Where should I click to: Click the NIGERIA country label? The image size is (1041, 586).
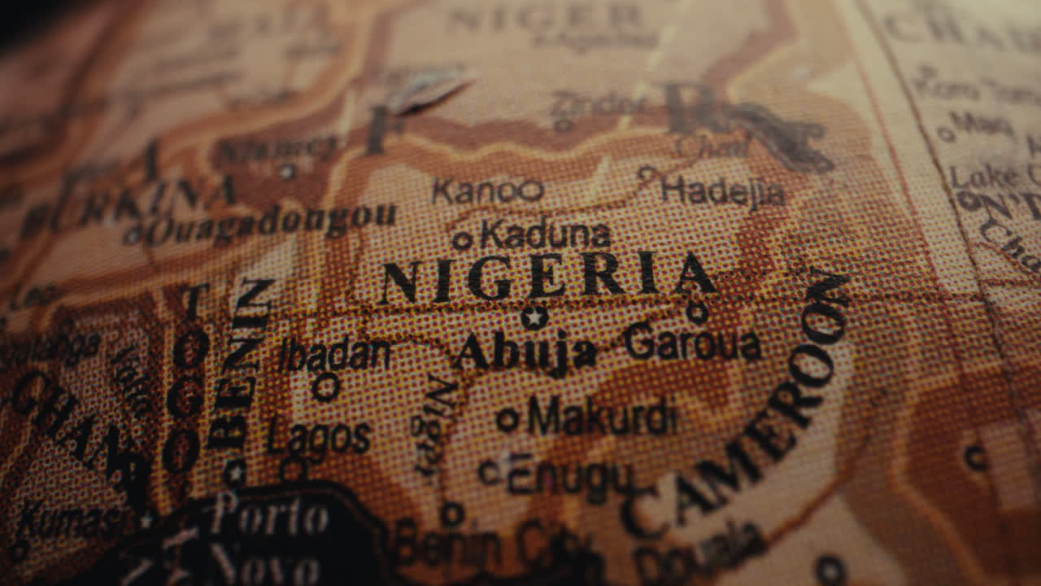coord(547,277)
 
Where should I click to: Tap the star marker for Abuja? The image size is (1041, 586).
coord(534,317)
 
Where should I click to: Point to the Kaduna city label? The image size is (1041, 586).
coord(545,235)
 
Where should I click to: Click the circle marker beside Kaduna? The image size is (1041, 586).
coord(462,240)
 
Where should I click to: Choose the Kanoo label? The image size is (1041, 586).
coord(487,191)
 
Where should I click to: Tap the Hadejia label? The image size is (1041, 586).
coord(723,191)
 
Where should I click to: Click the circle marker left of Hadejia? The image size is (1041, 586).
coord(647,173)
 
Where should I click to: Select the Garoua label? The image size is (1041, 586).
coord(692,343)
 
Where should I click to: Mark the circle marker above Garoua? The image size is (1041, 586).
coord(696,312)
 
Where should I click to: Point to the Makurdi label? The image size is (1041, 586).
coord(602,416)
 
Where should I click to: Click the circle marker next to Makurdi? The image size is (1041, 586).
coord(507,419)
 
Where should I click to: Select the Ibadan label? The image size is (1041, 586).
coord(335,355)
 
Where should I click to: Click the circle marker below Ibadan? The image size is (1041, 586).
coord(325,387)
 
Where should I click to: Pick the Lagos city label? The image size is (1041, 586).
coord(319,438)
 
